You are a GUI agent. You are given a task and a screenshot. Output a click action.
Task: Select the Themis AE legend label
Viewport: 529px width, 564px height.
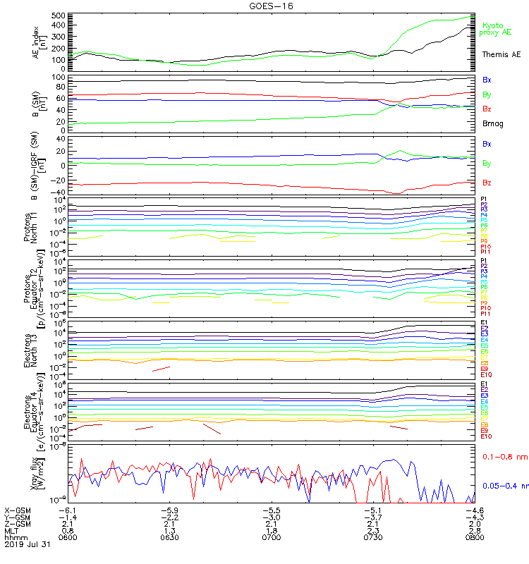point(501,54)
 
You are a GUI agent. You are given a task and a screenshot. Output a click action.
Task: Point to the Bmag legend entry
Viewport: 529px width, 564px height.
point(492,123)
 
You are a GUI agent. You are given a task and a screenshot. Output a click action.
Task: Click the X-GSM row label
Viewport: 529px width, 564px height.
point(18,510)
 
